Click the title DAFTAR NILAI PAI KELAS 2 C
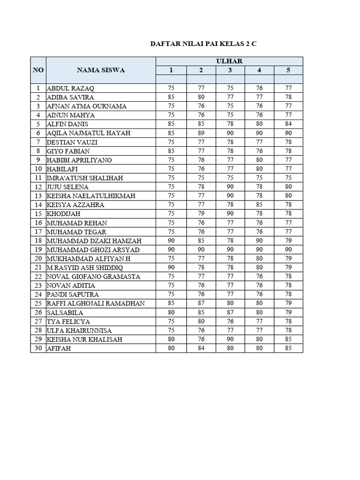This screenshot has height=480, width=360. [x=203, y=44]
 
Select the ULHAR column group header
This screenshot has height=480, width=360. [x=229, y=61]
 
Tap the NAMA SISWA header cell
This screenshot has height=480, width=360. [x=101, y=70]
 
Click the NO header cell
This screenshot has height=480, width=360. [x=38, y=70]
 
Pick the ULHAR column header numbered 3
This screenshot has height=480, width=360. [x=230, y=70]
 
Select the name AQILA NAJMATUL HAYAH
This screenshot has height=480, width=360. [x=89, y=133]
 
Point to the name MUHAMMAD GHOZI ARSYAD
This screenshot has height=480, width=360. [x=93, y=250]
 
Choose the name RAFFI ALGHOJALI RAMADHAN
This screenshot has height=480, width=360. [x=96, y=303]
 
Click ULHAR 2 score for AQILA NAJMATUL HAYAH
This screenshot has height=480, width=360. [x=201, y=133]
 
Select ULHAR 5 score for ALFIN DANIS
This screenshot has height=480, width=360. [x=289, y=124]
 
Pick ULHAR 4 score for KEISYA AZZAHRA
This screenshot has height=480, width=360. [x=259, y=205]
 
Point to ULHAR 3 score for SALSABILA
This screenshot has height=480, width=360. [x=230, y=312]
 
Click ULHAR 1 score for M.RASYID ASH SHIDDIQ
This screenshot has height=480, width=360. [x=171, y=268]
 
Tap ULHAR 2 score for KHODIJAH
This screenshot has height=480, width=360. [x=201, y=214]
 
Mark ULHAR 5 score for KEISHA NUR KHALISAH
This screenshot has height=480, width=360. [x=289, y=339]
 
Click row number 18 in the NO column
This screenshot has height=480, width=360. [x=38, y=241]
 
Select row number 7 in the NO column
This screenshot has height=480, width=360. [x=38, y=142]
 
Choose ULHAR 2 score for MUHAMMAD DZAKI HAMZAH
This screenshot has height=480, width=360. [x=201, y=241]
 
